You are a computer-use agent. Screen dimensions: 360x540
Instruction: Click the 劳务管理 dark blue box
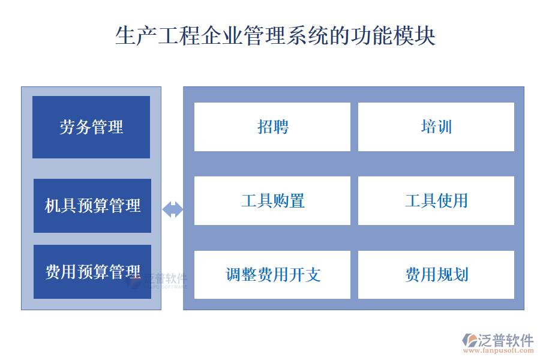click(91, 127)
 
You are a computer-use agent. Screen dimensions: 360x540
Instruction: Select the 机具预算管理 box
click(92, 206)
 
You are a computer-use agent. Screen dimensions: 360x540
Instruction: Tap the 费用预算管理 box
click(92, 272)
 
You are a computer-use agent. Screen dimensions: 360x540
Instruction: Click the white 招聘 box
click(272, 127)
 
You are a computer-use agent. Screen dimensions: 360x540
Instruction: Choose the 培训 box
click(436, 127)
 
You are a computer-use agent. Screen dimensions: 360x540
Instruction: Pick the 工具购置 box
click(272, 200)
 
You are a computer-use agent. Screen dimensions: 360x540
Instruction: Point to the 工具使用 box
click(436, 200)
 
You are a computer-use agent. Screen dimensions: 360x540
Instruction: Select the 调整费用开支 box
click(272, 275)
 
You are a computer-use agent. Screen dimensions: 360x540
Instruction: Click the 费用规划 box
click(436, 275)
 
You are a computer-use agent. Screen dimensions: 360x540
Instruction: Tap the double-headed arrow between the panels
click(173, 209)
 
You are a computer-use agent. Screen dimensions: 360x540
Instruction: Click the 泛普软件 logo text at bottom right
click(505, 340)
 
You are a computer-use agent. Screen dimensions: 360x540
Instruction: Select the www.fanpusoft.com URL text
click(500, 351)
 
